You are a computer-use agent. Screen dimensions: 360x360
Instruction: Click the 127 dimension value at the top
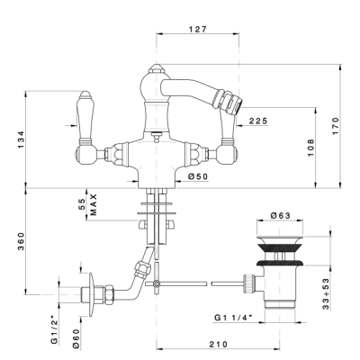point(198,29)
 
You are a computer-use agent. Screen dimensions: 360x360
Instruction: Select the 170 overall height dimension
point(335,126)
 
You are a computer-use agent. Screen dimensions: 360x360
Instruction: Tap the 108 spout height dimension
point(310,148)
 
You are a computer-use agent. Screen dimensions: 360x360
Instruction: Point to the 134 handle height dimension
point(20,139)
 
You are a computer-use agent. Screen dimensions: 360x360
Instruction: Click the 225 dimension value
point(258,121)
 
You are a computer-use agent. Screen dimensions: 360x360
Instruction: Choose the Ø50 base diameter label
point(198,176)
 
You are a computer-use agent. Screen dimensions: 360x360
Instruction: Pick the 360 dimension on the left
point(20,241)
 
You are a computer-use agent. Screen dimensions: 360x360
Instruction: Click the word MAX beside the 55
point(94,204)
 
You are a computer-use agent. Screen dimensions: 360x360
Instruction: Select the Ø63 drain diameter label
point(281,215)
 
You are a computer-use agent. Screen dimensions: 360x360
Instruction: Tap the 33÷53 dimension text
point(327,294)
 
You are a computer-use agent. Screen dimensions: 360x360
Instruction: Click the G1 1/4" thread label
point(233,318)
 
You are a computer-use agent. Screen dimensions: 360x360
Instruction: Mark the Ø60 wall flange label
point(76,338)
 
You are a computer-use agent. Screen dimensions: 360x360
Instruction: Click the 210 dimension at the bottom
point(219,345)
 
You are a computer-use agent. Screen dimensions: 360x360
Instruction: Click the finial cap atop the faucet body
point(157,68)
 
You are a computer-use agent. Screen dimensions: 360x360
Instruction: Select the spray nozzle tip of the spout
point(238,103)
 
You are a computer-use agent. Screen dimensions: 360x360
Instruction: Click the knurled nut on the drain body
point(250,283)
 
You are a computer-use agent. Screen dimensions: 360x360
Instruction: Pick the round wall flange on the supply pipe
point(91,294)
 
